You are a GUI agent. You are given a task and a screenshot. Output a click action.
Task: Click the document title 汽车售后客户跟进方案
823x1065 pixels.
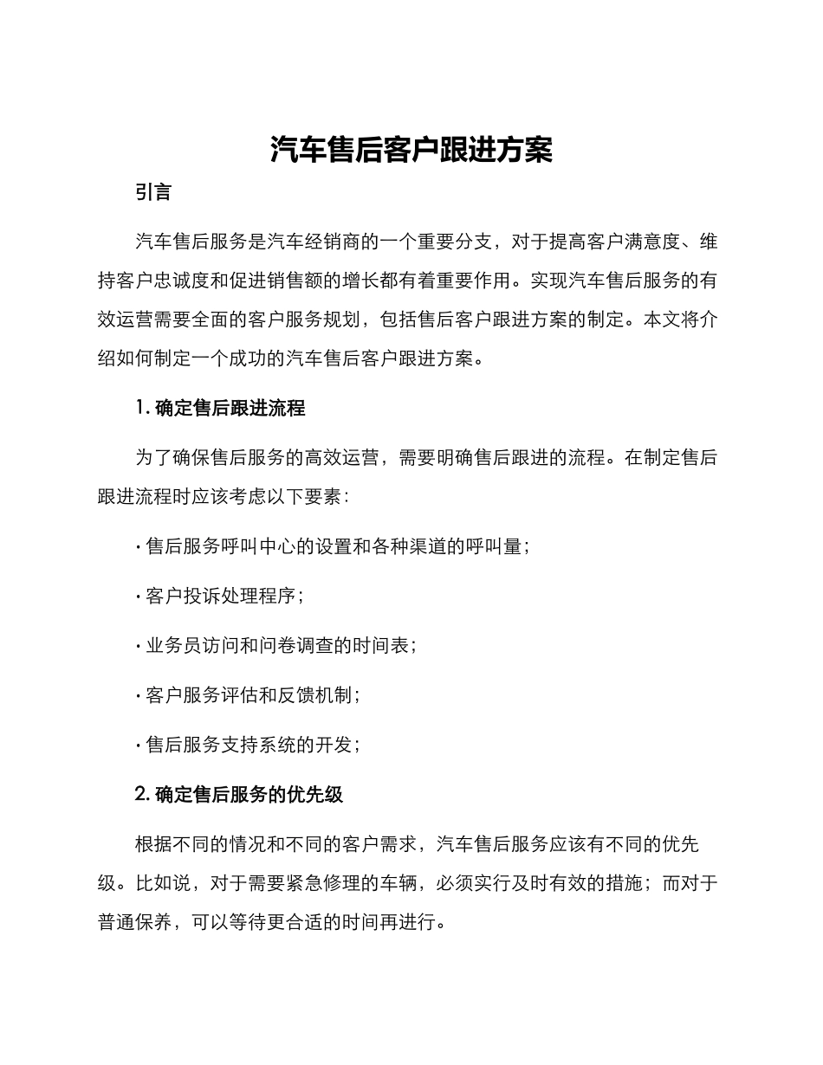[x=411, y=150]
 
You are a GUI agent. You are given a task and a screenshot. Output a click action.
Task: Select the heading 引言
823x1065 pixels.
[x=153, y=192]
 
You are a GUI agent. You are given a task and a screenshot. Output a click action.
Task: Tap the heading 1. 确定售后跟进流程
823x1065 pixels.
[x=221, y=408]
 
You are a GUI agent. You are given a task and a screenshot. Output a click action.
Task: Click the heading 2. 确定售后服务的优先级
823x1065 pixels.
[x=240, y=794]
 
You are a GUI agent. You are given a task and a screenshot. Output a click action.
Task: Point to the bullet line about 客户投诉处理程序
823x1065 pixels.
[x=220, y=596]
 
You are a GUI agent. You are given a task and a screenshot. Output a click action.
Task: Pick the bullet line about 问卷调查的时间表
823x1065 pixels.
[x=276, y=645]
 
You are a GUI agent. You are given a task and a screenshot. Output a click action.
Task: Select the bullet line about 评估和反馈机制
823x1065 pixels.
[x=248, y=694]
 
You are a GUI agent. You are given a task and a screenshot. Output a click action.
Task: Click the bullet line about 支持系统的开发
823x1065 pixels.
[x=248, y=744]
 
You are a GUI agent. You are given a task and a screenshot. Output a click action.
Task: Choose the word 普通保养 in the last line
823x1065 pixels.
[x=135, y=923]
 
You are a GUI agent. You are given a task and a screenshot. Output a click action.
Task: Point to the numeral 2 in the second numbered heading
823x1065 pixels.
[x=141, y=794]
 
